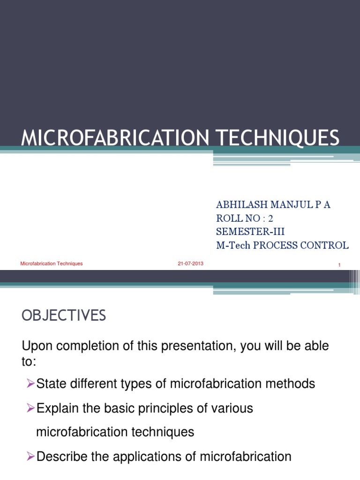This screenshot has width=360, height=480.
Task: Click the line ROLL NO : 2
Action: click(x=244, y=218)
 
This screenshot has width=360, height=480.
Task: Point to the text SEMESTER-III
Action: click(x=250, y=232)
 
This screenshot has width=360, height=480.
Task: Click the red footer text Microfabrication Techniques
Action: click(x=52, y=263)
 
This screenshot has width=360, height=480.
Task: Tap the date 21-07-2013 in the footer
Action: click(x=190, y=263)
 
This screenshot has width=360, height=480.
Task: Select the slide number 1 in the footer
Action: click(x=339, y=266)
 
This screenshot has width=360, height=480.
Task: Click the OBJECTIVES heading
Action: click(x=64, y=316)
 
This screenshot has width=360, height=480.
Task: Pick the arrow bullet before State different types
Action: click(x=31, y=384)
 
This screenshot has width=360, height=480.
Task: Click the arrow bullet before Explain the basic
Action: click(x=31, y=408)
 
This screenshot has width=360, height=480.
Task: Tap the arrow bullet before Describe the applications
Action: click(x=31, y=457)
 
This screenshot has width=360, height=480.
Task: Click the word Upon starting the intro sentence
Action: click(x=37, y=347)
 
